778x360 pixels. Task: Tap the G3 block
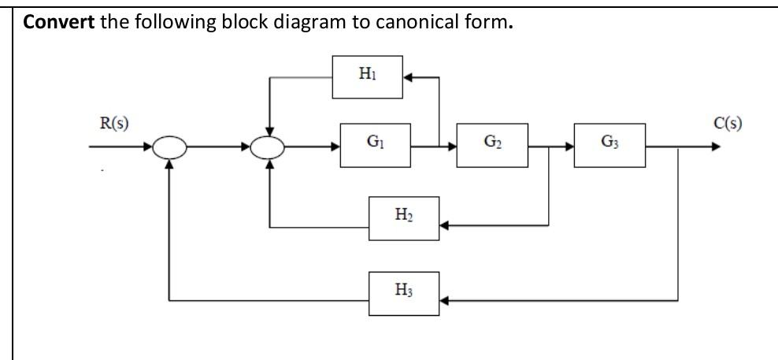click(609, 145)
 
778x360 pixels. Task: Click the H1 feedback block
click(367, 76)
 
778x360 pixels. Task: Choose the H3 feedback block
click(404, 293)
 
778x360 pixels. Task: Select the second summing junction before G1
click(270, 147)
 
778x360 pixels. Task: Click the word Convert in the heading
click(56, 21)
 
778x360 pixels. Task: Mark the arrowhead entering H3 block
click(445, 300)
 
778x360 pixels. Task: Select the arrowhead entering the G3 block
click(569, 147)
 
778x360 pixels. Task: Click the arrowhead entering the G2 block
click(453, 147)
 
